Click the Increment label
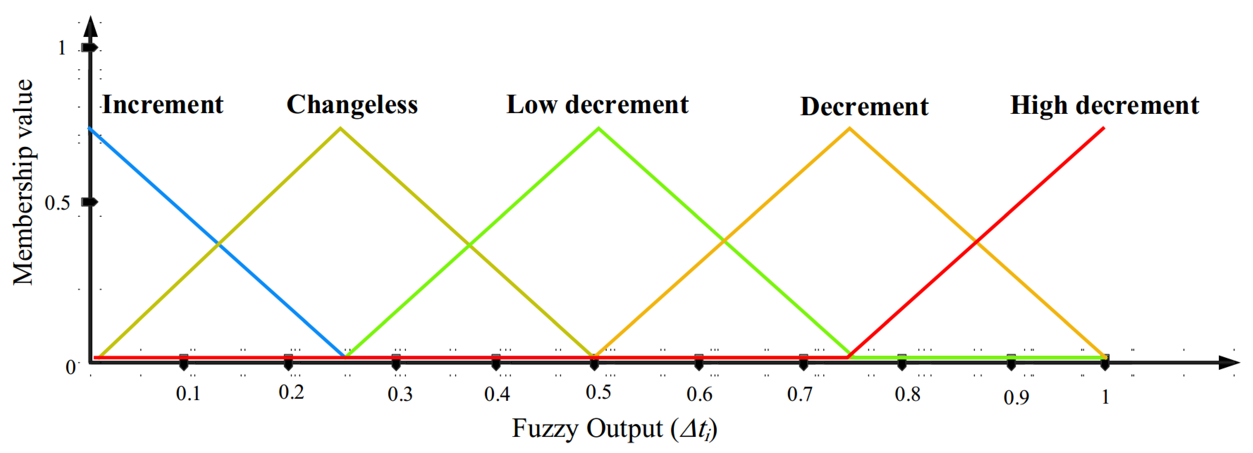click(x=162, y=105)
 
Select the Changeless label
click(x=352, y=105)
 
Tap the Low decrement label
click(x=597, y=105)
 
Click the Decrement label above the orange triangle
click(x=864, y=106)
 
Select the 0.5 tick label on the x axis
click(x=598, y=392)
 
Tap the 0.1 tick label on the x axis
click(x=188, y=393)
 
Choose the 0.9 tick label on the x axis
click(x=1016, y=397)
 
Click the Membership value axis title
click(x=23, y=182)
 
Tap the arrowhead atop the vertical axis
click(x=90, y=27)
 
